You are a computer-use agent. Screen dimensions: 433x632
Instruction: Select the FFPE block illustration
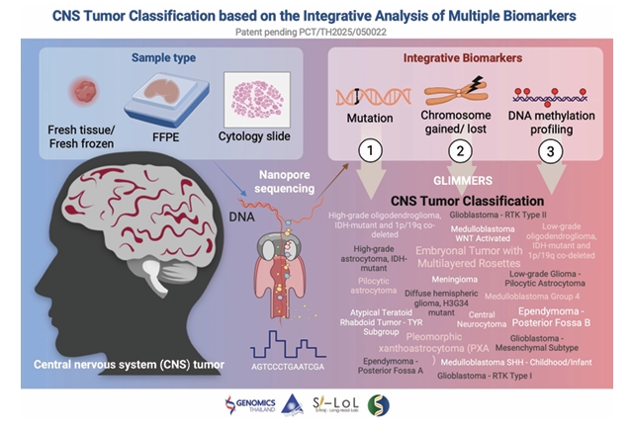coord(156,97)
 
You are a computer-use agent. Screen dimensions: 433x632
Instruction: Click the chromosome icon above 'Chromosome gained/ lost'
coord(456,96)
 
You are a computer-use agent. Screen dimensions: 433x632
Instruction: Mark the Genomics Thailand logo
coord(226,405)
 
